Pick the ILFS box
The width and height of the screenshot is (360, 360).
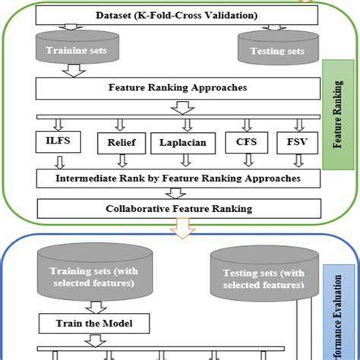click(x=58, y=141)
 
